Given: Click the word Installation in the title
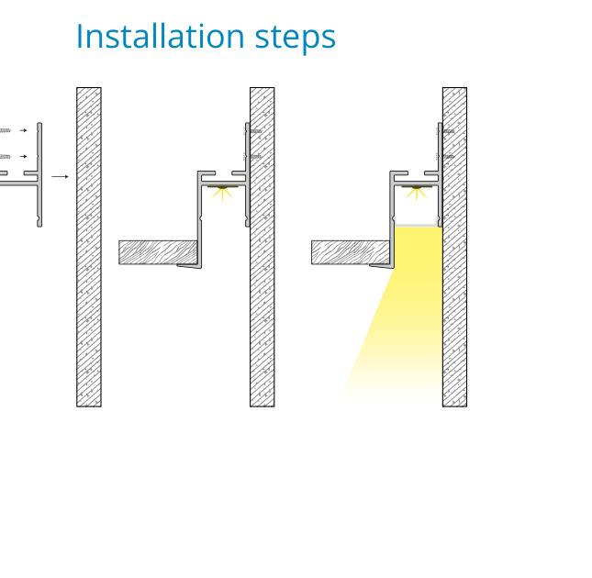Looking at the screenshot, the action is tap(161, 36).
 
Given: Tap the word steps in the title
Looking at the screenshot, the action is tap(296, 39).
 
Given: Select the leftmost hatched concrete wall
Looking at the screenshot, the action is tap(89, 247).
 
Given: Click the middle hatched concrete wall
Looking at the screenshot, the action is tap(262, 247).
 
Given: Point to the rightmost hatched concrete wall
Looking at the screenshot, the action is tap(454, 247).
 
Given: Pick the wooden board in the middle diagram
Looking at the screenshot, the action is tap(158, 252).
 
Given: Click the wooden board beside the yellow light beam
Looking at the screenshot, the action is tap(351, 252).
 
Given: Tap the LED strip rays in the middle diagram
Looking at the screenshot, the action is tap(222, 194).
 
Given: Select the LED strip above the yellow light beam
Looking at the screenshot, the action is tap(416, 187).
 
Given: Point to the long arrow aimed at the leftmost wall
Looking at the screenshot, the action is tap(60, 176).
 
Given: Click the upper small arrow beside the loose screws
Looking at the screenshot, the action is tap(24, 130).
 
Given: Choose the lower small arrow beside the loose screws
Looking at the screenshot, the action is tap(24, 156).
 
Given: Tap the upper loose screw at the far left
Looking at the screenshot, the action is tap(6, 130).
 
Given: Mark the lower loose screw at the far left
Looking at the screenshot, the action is tap(6, 156).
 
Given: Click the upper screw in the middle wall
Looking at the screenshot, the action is tap(253, 131).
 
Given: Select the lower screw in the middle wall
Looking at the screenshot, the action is tap(253, 156).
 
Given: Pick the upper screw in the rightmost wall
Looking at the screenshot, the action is tap(445, 131).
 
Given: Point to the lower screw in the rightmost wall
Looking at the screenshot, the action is tap(445, 156).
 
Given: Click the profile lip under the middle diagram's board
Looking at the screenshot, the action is tap(189, 266).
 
